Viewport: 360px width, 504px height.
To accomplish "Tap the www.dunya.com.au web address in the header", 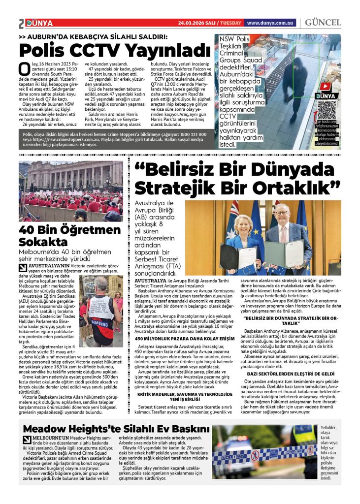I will click(x=271, y=23).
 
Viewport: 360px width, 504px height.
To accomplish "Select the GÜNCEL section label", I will click(x=323, y=23).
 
